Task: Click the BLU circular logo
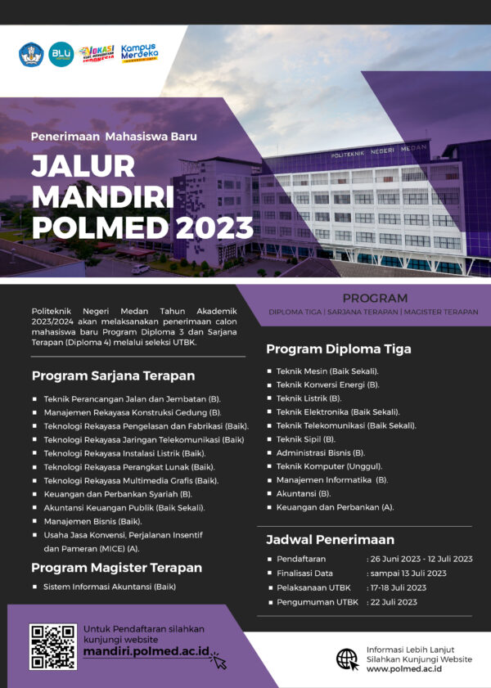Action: click(x=61, y=54)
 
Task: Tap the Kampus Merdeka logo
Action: click(x=139, y=53)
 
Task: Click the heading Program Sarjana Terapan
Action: click(x=113, y=375)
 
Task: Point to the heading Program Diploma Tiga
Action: click(x=339, y=348)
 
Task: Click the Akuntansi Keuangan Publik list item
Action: click(x=124, y=507)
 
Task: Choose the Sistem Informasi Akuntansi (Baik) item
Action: click(x=110, y=587)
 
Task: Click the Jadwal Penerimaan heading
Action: click(x=330, y=539)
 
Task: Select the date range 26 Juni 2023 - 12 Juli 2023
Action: click(x=420, y=559)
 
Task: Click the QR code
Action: click(x=53, y=646)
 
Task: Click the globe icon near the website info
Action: click(x=347, y=659)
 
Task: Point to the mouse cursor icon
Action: click(x=218, y=660)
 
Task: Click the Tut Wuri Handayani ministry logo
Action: click(x=31, y=54)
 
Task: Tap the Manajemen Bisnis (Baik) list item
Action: click(x=92, y=521)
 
